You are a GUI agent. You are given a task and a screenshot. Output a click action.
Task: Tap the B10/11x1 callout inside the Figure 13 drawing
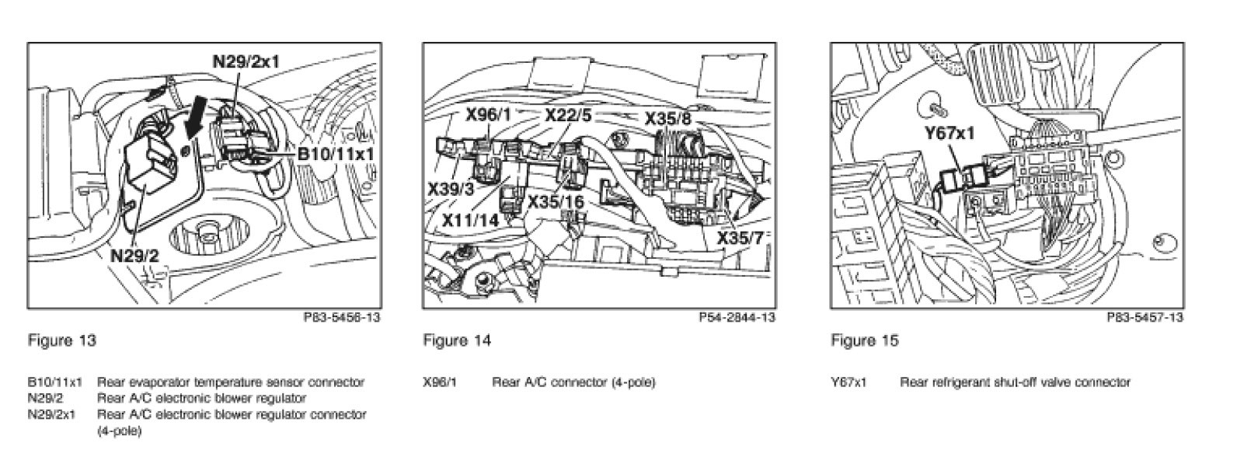(336, 154)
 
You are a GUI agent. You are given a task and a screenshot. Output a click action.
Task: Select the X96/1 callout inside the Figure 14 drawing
(488, 115)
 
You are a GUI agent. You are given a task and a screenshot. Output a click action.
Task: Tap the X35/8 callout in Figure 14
(667, 119)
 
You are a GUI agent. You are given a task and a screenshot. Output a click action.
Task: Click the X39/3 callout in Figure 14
(451, 189)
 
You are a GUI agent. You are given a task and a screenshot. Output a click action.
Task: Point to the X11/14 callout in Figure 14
(470, 220)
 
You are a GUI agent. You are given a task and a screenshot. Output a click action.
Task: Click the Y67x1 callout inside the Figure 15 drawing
(950, 134)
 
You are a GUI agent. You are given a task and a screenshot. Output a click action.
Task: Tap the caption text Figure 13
(61, 340)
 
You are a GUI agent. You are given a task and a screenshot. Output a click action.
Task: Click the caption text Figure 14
(457, 340)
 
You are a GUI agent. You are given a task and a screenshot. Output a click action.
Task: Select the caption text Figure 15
(864, 340)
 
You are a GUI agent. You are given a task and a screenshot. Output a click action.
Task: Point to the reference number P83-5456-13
(342, 317)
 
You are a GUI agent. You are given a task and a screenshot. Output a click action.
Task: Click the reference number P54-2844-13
(737, 317)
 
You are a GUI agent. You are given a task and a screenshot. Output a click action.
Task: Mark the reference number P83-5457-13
(1145, 317)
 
